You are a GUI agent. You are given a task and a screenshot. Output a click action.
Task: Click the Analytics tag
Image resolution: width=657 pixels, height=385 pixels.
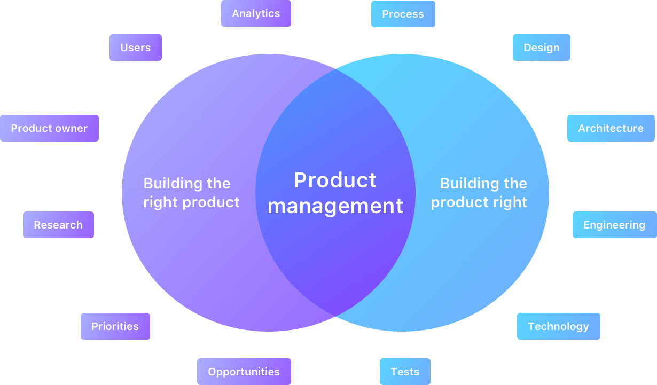click(x=256, y=13)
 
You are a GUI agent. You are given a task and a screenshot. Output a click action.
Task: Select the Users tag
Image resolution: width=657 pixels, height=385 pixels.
click(x=136, y=48)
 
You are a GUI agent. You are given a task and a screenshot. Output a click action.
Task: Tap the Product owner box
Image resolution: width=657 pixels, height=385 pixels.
click(x=49, y=128)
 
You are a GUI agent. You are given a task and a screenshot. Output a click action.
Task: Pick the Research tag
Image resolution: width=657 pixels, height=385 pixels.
click(x=58, y=225)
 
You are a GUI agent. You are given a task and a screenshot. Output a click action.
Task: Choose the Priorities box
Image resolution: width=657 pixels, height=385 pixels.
click(x=115, y=326)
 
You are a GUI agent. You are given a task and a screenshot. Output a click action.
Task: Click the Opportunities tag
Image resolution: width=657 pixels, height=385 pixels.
click(x=244, y=372)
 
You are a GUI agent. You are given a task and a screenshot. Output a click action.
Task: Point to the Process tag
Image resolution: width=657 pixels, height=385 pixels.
click(x=403, y=14)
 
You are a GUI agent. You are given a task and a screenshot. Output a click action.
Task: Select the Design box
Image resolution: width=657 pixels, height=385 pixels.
click(x=541, y=48)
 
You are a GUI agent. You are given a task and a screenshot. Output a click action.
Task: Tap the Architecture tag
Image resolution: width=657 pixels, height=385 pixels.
click(x=611, y=128)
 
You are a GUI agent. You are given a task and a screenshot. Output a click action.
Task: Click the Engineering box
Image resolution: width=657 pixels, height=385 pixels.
click(x=614, y=225)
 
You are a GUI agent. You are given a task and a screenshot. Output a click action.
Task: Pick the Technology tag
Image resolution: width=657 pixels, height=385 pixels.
click(x=558, y=326)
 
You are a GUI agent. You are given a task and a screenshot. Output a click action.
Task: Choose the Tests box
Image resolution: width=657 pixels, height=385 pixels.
click(x=405, y=372)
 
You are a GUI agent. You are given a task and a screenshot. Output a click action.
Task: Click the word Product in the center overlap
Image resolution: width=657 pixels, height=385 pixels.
click(x=335, y=180)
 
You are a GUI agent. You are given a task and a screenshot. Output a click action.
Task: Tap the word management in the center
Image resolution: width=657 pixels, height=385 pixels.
click(x=335, y=206)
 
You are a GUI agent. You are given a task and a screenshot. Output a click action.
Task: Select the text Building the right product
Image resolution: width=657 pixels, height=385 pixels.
click(x=191, y=193)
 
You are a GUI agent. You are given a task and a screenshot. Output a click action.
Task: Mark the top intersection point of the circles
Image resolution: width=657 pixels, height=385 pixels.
click(x=335, y=69)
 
